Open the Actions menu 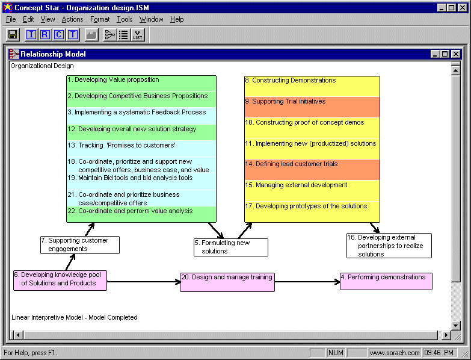pyautogui.click(x=72, y=19)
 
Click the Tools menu pyautogui.click(x=125, y=19)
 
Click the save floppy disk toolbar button pyautogui.click(x=13, y=35)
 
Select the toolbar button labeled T pyautogui.click(x=73, y=35)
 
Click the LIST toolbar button pyautogui.click(x=138, y=35)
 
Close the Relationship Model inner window pyautogui.click(x=456, y=54)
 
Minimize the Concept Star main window pyautogui.click(x=441, y=8)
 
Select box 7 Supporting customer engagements pyautogui.click(x=80, y=245)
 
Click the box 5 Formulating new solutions pyautogui.click(x=231, y=247)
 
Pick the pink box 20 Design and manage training pyautogui.click(x=227, y=282)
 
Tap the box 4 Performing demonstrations pyautogui.click(x=386, y=281)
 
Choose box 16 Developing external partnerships pyautogui.click(x=389, y=246)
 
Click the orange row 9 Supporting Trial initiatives pyautogui.click(x=312, y=107)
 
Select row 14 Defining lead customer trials pyautogui.click(x=312, y=170)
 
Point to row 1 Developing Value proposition pyautogui.click(x=141, y=83)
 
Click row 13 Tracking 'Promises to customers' pyautogui.click(x=141, y=149)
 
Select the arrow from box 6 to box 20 pyautogui.click(x=144, y=282)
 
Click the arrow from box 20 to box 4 pyautogui.click(x=307, y=282)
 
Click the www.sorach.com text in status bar pyautogui.click(x=395, y=353)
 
